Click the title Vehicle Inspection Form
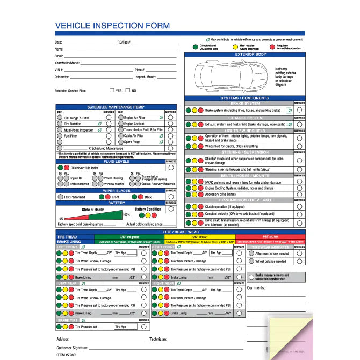pos(112,25)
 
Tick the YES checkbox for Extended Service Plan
pos(112,91)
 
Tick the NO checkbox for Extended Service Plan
pos(127,91)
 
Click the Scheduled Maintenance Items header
pos(117,107)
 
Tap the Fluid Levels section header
pos(117,161)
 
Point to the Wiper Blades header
pos(117,190)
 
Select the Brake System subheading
pos(246,103)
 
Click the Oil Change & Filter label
pos(76,117)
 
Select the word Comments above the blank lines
pos(256,288)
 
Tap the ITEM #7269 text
pos(67,355)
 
